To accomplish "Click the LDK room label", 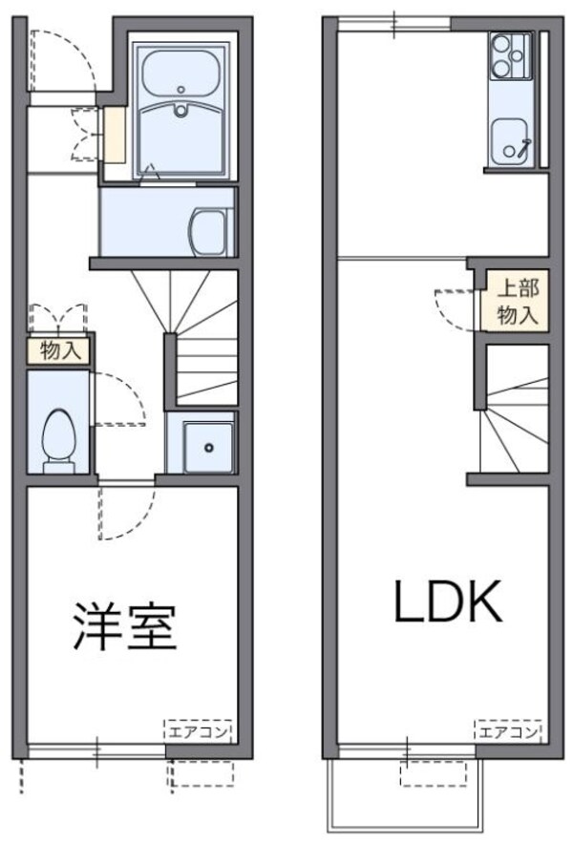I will click(445, 601).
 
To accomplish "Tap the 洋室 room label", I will click(121, 625).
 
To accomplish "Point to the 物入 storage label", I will click(59, 350).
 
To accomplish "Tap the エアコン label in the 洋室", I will click(198, 732).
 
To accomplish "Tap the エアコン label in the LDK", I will click(507, 732).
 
